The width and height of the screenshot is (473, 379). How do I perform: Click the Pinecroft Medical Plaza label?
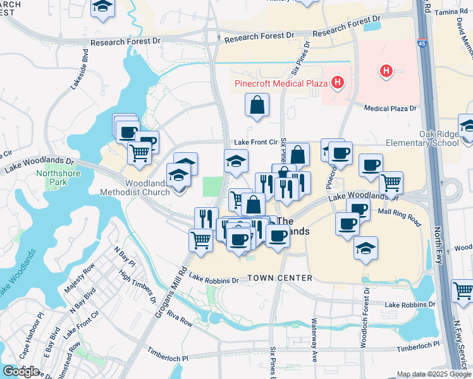tap(280, 83)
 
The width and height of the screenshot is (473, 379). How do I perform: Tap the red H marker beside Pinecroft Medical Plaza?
tap(339, 82)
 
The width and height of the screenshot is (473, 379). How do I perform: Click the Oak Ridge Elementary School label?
tap(439, 138)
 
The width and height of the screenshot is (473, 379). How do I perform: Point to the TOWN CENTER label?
tap(279, 278)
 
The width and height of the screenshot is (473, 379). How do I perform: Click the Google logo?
tap(20, 371)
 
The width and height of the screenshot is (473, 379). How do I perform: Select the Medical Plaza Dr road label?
tap(391, 108)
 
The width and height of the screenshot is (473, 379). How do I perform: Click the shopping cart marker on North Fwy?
tap(463, 291)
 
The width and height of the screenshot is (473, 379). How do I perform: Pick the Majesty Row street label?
tap(78, 289)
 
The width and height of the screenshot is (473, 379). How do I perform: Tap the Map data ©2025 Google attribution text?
tap(433, 374)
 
